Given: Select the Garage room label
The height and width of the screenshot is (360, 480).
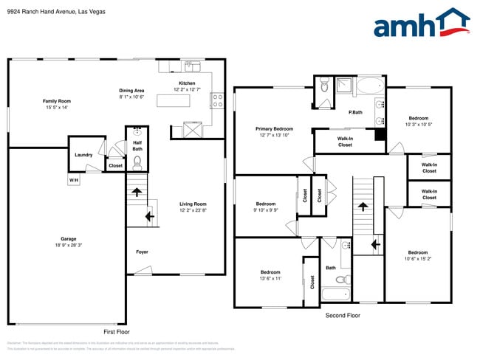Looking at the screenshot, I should point(69,242).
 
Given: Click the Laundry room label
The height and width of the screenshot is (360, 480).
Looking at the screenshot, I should point(83,154).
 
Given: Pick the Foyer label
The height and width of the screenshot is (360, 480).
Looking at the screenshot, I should point(142,252).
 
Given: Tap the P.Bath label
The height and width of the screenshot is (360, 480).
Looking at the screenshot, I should point(355,112).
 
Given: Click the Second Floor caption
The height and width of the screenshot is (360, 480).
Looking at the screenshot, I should point(343,315).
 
